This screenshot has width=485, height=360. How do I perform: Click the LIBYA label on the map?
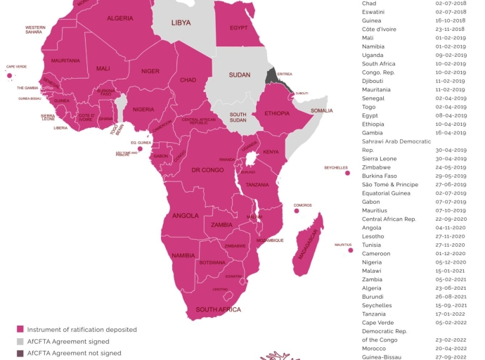click(181, 23)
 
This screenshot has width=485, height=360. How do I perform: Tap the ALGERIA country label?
click(120, 18)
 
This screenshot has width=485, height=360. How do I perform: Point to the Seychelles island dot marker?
click(347, 173)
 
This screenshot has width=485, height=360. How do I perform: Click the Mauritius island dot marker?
click(350, 250)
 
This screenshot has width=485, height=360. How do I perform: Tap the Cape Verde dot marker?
click(9, 75)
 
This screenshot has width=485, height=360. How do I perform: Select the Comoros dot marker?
click(297, 210)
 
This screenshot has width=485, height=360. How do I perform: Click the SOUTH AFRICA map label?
click(218, 309)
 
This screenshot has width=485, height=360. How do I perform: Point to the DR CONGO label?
click(208, 171)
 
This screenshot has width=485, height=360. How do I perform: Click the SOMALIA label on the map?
click(322, 110)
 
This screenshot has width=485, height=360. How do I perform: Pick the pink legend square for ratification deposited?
click(20, 329)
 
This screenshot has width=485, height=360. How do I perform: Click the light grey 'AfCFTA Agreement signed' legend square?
click(20, 341)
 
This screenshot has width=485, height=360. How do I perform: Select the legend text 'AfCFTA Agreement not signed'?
click(74, 353)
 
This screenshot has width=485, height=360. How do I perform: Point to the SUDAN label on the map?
click(239, 75)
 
